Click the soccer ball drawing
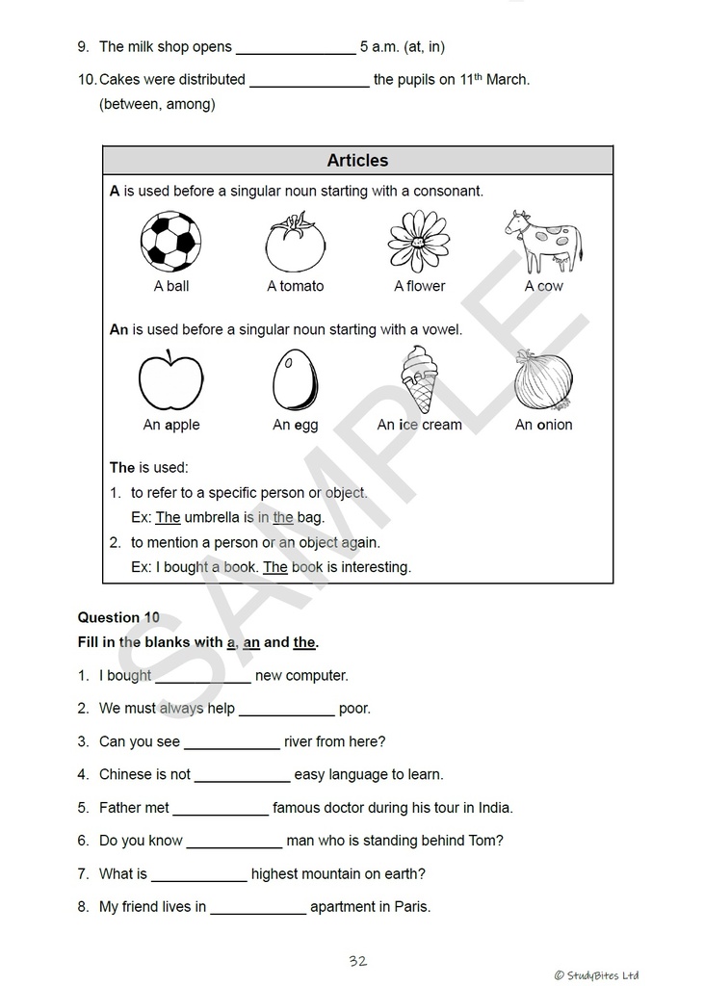point(170,241)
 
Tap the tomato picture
point(295,243)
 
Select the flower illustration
point(419,242)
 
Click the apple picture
point(170,380)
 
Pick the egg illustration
point(295,380)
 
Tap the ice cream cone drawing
point(419,379)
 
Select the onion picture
point(543,380)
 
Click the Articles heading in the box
point(357,161)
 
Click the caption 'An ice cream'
point(419,425)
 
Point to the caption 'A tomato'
point(295,286)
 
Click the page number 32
point(357,961)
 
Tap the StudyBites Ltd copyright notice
point(595,975)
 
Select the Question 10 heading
point(118,618)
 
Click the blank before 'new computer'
point(203,677)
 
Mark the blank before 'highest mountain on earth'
point(198,875)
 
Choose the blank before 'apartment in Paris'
point(258,908)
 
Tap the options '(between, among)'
point(157,104)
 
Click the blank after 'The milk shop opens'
point(296,48)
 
